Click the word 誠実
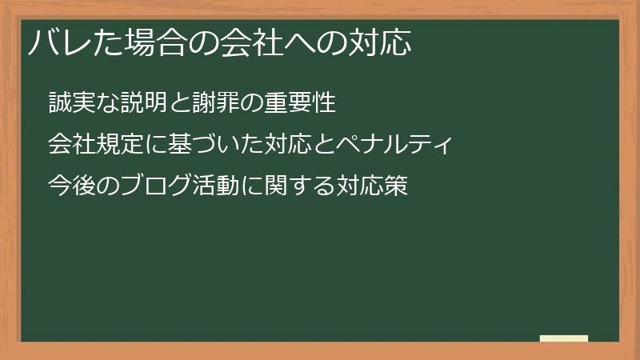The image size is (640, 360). click(x=70, y=104)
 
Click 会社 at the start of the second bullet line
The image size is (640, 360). click(x=70, y=145)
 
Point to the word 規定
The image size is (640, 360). click(x=117, y=145)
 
